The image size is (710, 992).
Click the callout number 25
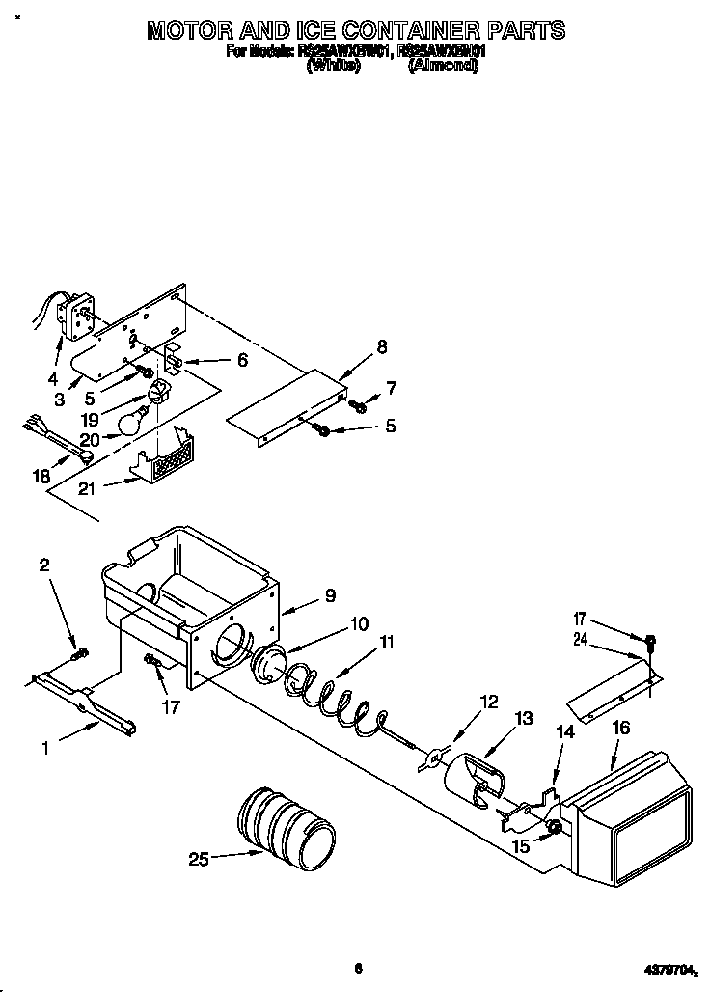click(199, 859)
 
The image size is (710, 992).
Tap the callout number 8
click(382, 346)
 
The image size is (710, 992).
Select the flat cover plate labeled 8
click(289, 405)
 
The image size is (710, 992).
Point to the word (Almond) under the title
click(443, 67)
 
